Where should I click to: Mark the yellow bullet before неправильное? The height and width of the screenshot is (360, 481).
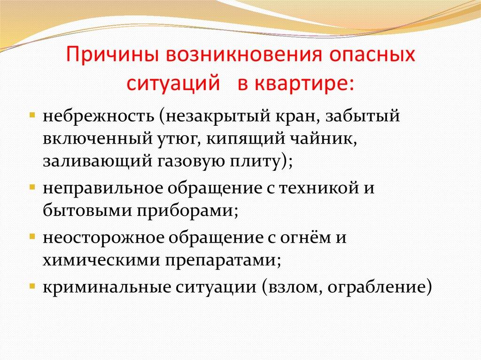coord(32,186)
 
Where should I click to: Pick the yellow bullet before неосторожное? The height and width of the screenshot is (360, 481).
coord(32,237)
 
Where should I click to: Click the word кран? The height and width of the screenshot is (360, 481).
coord(299,117)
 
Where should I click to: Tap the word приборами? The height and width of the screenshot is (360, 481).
coord(187,211)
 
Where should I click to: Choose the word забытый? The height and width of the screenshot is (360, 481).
coord(363,116)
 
